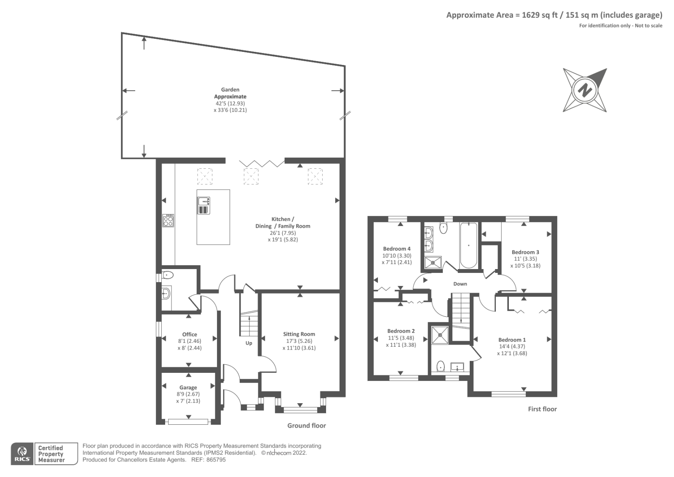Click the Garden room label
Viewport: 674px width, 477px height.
(230, 89)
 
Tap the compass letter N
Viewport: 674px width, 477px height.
(585, 90)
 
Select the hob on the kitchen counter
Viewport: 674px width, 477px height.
(168, 221)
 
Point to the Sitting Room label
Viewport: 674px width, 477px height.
(299, 334)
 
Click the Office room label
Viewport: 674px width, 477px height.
(190, 334)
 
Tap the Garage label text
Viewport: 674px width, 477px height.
(188, 388)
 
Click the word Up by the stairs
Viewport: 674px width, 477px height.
(249, 343)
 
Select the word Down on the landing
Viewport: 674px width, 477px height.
(460, 284)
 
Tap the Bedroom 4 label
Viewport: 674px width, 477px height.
(397, 249)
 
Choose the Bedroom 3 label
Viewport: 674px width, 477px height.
(525, 252)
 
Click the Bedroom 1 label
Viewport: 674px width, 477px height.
(512, 340)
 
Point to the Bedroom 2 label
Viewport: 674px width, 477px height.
(401, 331)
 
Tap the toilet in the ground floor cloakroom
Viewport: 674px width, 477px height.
(168, 275)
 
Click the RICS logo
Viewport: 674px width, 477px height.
(22, 454)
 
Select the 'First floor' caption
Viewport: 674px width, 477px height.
(542, 409)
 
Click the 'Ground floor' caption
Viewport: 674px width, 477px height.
(306, 426)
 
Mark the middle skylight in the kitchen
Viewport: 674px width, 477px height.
(251, 176)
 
